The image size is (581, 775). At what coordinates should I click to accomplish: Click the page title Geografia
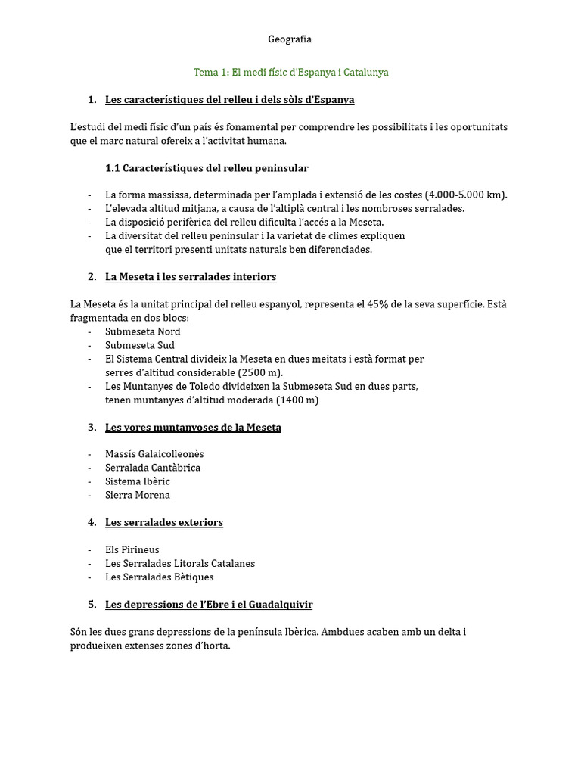click(x=290, y=39)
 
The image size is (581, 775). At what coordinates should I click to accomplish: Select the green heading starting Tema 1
click(x=290, y=72)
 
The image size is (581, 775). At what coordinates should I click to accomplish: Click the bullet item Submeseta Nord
click(x=143, y=331)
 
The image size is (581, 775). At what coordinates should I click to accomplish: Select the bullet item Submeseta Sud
click(x=140, y=345)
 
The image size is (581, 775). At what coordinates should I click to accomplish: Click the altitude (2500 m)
click(x=262, y=372)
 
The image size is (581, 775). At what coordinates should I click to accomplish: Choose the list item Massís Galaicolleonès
click(x=154, y=454)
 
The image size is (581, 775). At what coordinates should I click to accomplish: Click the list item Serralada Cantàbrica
click(x=153, y=468)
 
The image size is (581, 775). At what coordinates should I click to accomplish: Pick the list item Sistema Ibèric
click(x=138, y=481)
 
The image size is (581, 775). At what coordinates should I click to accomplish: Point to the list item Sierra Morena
click(x=138, y=495)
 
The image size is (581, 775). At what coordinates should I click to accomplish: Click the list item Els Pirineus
click(x=132, y=549)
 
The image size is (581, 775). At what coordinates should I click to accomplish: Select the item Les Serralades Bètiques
click(x=160, y=577)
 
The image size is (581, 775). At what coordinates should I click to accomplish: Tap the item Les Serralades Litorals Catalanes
click(x=180, y=563)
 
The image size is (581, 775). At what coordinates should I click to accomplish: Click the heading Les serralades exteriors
click(x=164, y=522)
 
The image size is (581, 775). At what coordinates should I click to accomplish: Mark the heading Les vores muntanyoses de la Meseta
click(x=193, y=427)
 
